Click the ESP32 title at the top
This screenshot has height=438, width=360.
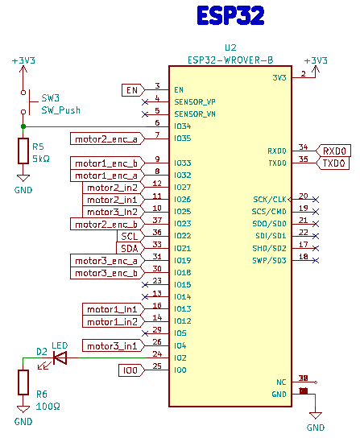tap(230, 15)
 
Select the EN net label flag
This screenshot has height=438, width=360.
tap(134, 90)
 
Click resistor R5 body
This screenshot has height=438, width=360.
tap(23, 151)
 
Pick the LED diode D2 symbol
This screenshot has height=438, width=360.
tap(60, 357)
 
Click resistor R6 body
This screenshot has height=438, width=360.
tap(23, 382)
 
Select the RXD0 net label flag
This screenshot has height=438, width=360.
tap(333, 151)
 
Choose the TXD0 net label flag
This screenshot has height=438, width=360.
tap(333, 163)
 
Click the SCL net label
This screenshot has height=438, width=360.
tap(130, 237)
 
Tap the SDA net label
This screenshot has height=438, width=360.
tap(130, 248)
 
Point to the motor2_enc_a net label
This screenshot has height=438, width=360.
tap(108, 138)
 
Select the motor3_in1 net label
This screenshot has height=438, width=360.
tap(114, 346)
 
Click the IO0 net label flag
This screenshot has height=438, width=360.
tap(131, 370)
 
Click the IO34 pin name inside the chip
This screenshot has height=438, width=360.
tap(183, 126)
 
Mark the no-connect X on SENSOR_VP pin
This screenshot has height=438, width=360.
tap(145, 102)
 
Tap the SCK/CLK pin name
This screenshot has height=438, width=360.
tap(270, 200)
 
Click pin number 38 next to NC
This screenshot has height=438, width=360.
tap(303, 378)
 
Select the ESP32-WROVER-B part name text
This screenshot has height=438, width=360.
tap(230, 60)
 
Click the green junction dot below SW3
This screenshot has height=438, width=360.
tap(23, 126)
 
